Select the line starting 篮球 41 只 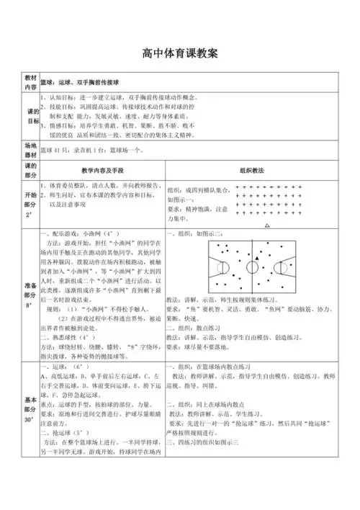pos(94,150)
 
